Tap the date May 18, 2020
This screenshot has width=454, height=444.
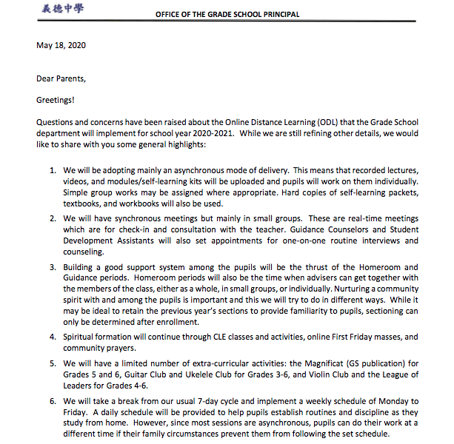61,45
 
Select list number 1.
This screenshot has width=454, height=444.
53,170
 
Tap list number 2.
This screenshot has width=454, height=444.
53,218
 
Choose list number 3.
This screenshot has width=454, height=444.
53,267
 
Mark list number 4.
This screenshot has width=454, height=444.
53,337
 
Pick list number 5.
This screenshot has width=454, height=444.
53,363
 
